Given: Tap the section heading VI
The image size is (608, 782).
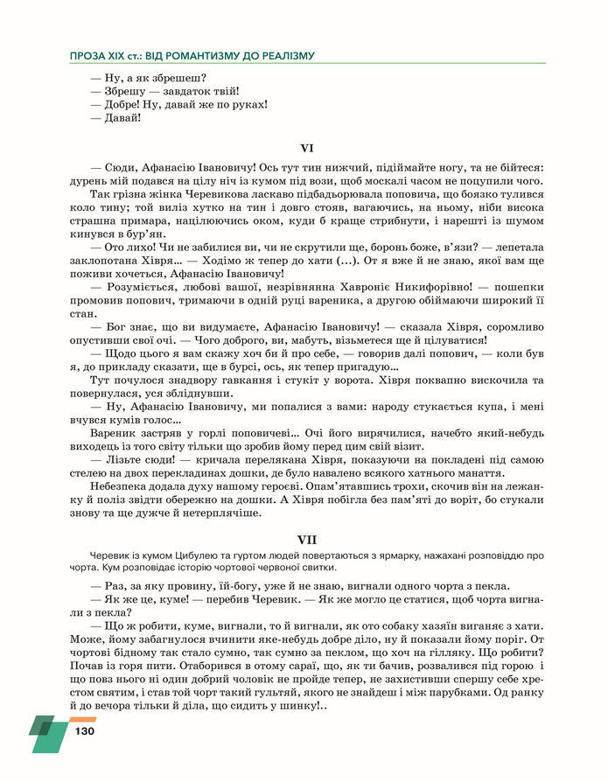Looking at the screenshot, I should coord(305,149).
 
